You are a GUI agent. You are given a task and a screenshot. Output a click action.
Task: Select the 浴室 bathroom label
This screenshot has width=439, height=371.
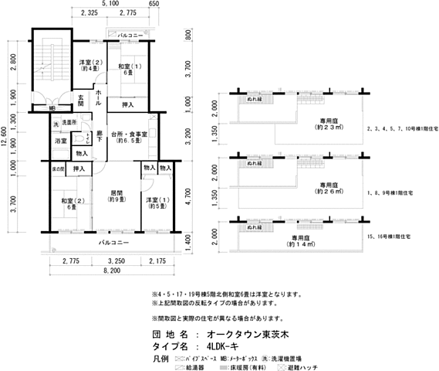[x=60, y=141]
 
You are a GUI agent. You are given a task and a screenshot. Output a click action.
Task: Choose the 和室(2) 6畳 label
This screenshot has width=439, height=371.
[x=69, y=204]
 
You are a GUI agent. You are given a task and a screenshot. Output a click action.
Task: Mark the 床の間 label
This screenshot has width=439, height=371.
[x=59, y=168]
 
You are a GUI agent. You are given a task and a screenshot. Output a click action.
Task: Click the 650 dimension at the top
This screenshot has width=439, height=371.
[x=175, y=5]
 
